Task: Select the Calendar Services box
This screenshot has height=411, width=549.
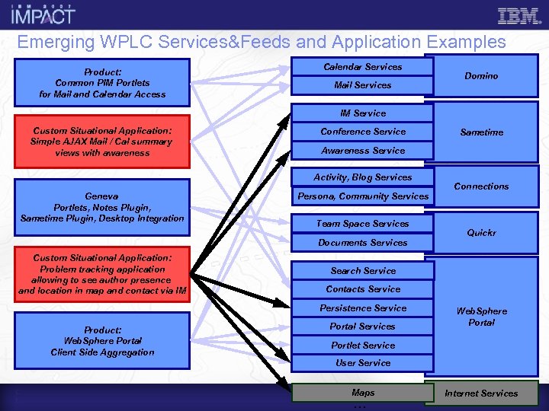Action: pyautogui.click(x=362, y=67)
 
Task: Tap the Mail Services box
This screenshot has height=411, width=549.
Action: pyautogui.click(x=362, y=85)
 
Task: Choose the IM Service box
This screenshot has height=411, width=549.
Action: pyautogui.click(x=362, y=113)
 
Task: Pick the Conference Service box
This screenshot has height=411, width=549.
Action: pyautogui.click(x=362, y=132)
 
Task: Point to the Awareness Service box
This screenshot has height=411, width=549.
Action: pyautogui.click(x=362, y=151)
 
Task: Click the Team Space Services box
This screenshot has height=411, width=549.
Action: pyautogui.click(x=362, y=224)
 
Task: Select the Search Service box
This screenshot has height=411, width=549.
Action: pyautogui.click(x=362, y=271)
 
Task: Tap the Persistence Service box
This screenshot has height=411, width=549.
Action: pyautogui.click(x=362, y=308)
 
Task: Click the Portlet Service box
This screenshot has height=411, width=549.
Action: pyautogui.click(x=362, y=346)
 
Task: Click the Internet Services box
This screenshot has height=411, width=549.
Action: pyautogui.click(x=481, y=393)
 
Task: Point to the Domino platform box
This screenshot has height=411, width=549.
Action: pyautogui.click(x=481, y=76)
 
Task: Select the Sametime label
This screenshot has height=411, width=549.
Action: pyautogui.click(x=481, y=132)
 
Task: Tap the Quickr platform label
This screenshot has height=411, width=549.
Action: pyautogui.click(x=481, y=233)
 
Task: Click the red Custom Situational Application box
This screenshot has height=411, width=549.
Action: pyautogui.click(x=102, y=142)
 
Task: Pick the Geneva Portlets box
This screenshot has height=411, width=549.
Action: pyautogui.click(x=102, y=207)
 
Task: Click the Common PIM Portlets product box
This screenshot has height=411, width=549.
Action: pyautogui.click(x=102, y=83)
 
